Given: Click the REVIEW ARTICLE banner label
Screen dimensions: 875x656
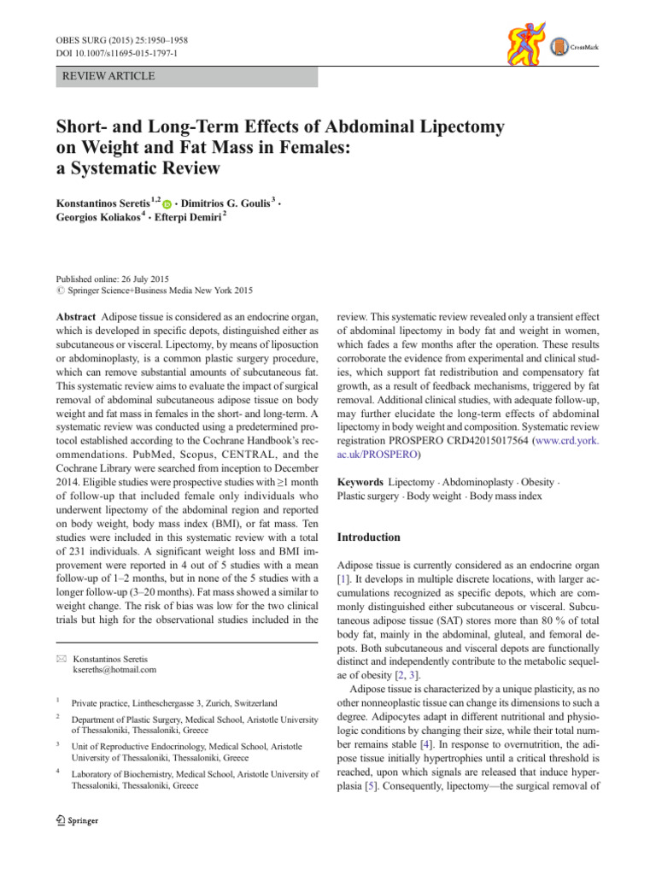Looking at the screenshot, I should click(104, 76).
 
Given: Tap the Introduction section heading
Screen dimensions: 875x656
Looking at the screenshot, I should click(369, 537).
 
